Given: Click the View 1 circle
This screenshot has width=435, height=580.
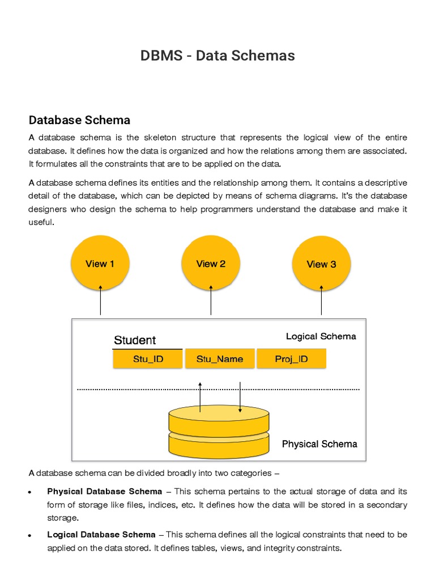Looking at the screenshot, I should [100, 263].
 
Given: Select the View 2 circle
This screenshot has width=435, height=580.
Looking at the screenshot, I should [211, 263].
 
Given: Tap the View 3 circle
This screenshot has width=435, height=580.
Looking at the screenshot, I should [321, 264].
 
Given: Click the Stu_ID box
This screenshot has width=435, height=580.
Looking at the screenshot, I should [148, 359].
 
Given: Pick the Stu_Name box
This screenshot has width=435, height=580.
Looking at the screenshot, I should [220, 359].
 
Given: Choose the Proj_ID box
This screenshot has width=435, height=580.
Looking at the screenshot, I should [291, 359].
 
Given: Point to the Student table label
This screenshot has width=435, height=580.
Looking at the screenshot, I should [135, 340].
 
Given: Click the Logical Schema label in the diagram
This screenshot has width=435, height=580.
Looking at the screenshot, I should [321, 336].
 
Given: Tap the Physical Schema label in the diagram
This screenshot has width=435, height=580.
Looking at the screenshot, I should [319, 444].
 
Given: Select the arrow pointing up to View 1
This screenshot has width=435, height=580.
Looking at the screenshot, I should [100, 300].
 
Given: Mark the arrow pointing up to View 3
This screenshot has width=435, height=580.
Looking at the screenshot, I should [321, 300].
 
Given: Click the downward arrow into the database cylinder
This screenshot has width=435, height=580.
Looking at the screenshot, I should [240, 396].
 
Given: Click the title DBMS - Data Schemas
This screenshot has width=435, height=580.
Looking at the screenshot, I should [217, 56].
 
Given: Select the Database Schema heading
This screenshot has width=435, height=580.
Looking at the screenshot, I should [79, 120].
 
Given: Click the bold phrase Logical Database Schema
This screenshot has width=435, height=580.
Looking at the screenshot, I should [101, 534].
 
